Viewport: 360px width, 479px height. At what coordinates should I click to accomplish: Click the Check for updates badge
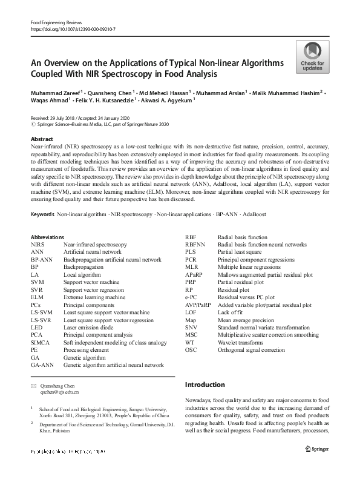(x=312, y=57)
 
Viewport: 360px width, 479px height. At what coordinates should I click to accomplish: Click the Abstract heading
(x=42, y=139)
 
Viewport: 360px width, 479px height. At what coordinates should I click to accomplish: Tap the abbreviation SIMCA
(x=41, y=343)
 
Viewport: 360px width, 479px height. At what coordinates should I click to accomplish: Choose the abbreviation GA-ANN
(x=43, y=365)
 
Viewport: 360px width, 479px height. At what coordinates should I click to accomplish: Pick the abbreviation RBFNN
(x=195, y=244)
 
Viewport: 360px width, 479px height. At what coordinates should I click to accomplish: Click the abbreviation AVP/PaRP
(x=198, y=305)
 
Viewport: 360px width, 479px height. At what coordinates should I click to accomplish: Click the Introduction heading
(x=205, y=385)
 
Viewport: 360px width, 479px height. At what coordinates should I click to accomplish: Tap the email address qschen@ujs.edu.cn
(x=59, y=392)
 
